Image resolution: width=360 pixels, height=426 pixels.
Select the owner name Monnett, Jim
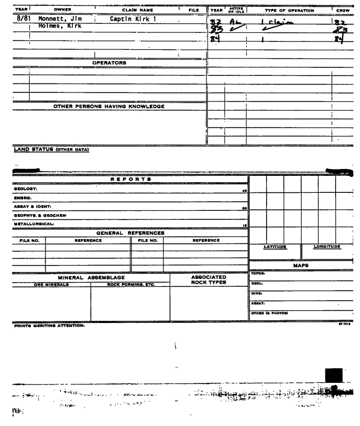tap(56, 18)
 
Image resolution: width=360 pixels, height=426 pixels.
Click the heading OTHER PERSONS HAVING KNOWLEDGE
tap(109, 106)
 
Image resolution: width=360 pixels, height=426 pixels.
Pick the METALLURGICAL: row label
tap(24, 224)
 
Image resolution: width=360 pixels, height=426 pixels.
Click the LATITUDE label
tap(275, 246)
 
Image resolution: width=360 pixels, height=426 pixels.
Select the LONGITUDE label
tap(327, 246)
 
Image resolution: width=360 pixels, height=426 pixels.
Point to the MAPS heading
tap(302, 265)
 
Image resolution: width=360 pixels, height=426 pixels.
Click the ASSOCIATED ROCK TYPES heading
tap(209, 279)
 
